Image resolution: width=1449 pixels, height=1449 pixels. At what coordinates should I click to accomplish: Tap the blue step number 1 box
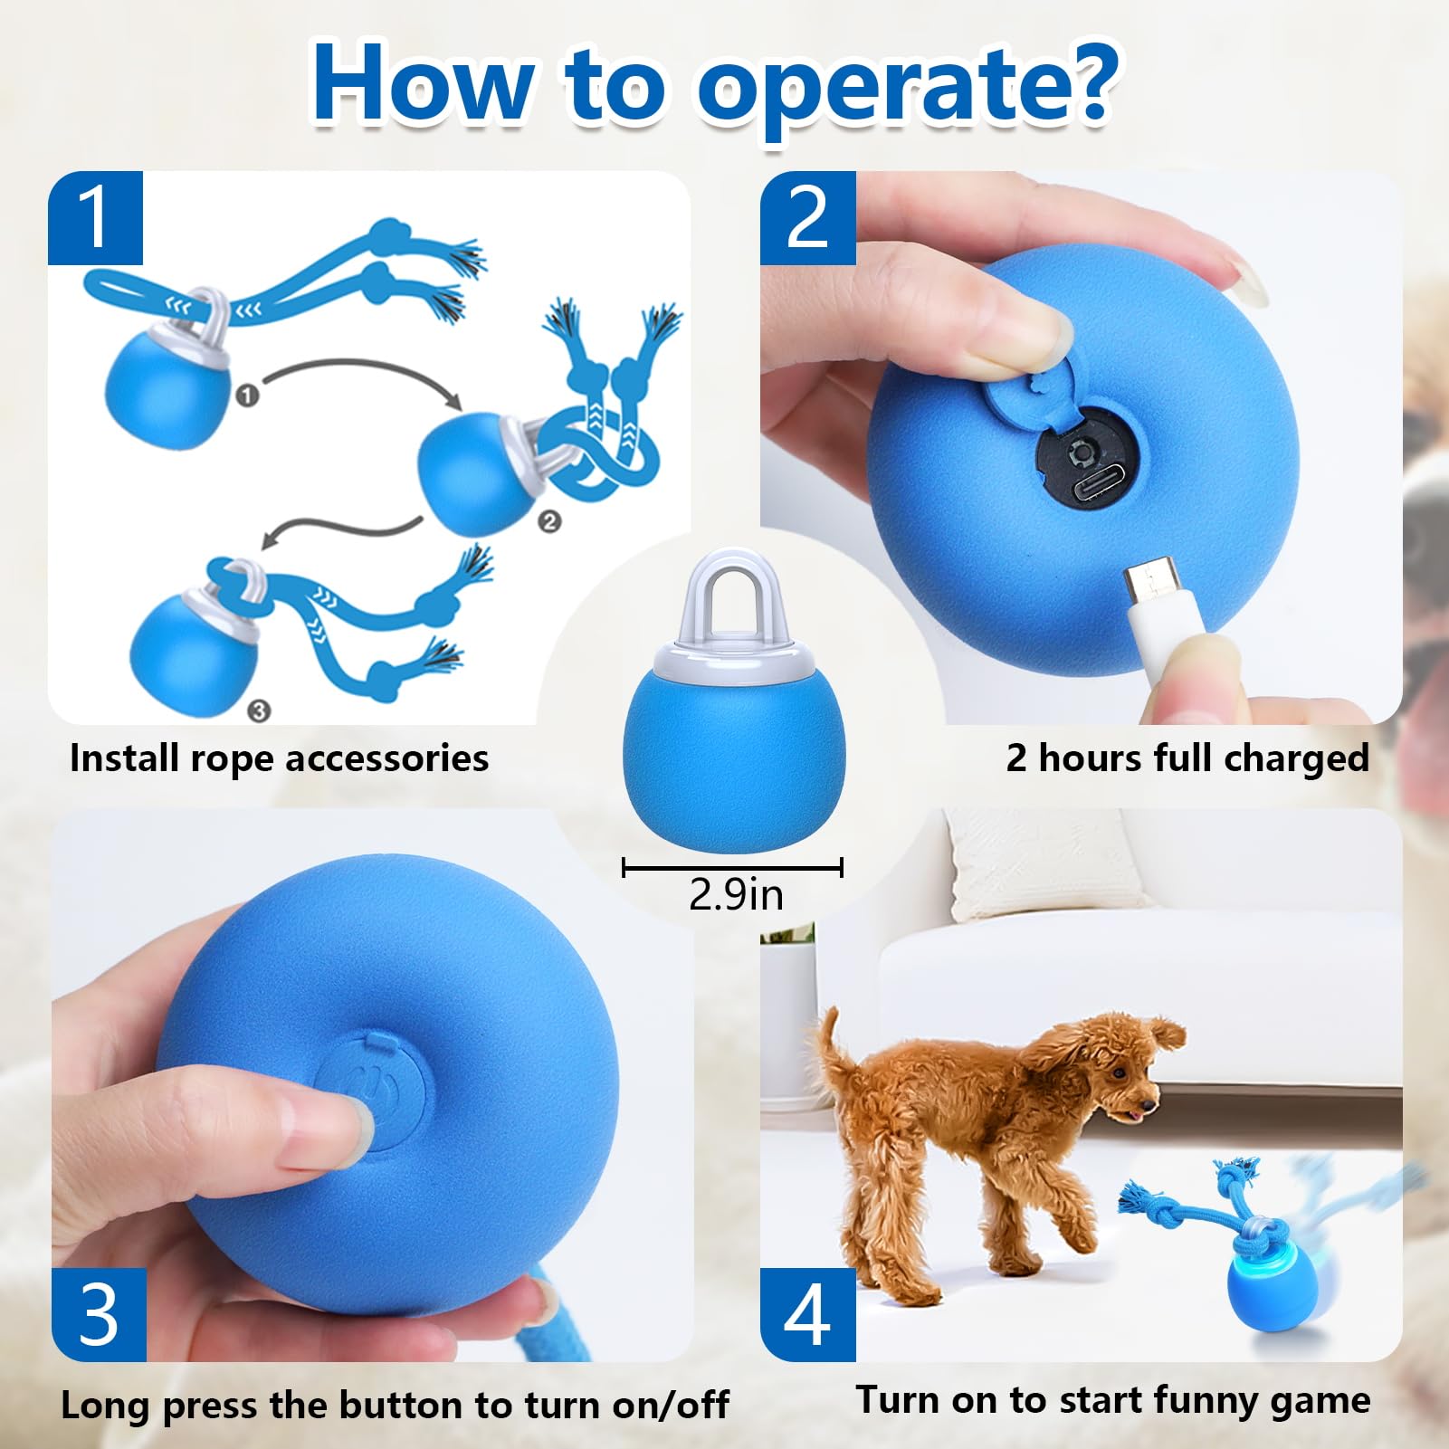[x=95, y=218]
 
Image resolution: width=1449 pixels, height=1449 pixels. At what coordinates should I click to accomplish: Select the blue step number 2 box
[x=807, y=218]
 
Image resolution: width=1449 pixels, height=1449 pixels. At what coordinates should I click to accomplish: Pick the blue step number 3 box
[x=99, y=1314]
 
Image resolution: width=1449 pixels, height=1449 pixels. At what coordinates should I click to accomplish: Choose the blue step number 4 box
[x=807, y=1314]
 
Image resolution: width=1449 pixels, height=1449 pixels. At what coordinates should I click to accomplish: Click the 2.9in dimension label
[x=735, y=895]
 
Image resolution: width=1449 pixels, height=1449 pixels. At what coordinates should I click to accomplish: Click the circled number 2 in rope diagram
[x=549, y=521]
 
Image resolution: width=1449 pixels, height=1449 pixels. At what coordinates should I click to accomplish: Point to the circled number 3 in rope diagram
[x=259, y=710]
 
